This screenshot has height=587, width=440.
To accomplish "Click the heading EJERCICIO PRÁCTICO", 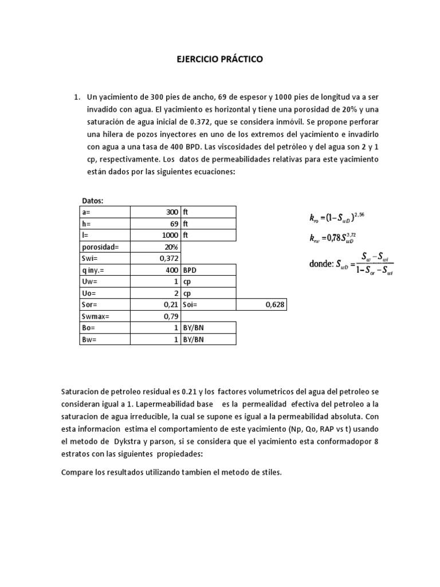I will point(219,59).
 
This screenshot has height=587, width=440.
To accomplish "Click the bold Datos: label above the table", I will point(93,201).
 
